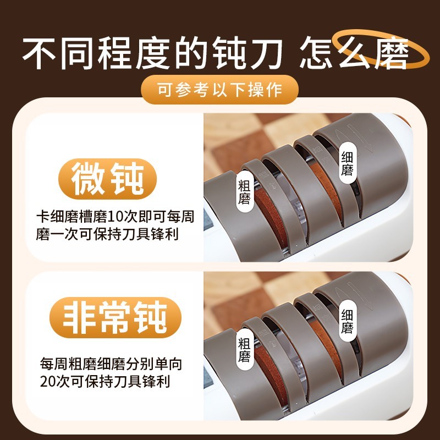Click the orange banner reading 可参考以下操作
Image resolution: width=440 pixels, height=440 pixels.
(x=219, y=90)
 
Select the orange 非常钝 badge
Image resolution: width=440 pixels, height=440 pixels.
(x=116, y=317)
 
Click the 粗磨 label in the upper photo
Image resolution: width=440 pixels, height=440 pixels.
(x=244, y=192)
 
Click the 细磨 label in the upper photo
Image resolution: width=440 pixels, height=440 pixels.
(x=347, y=163)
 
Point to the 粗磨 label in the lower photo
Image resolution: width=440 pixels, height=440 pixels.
(x=244, y=350)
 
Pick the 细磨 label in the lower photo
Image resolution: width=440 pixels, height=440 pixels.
(x=347, y=321)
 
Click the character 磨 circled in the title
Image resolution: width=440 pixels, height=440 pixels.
(x=391, y=52)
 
